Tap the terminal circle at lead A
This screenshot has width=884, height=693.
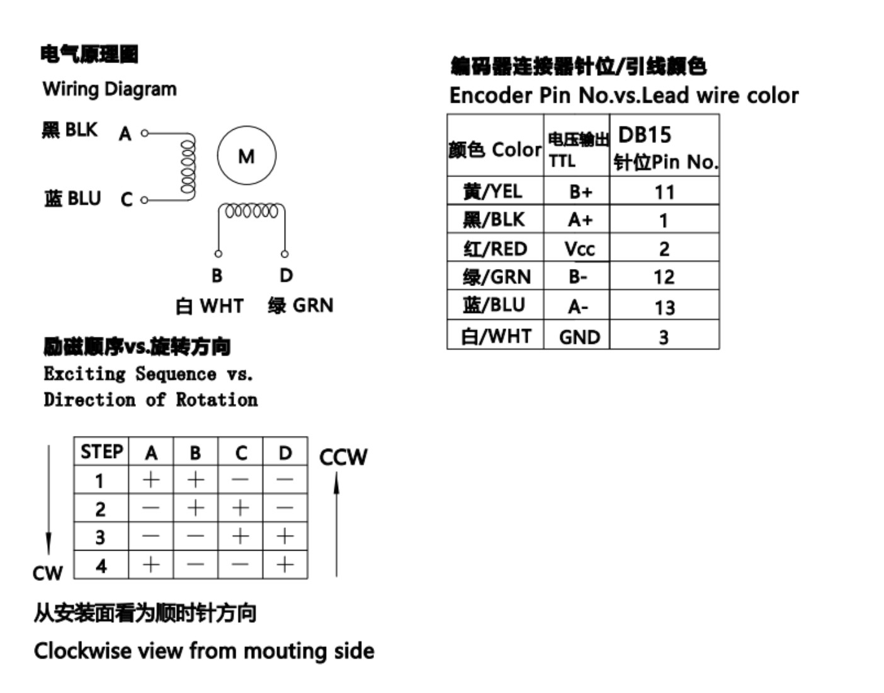point(144,133)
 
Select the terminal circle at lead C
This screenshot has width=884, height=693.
point(144,200)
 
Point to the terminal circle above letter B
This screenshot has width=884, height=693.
point(218,254)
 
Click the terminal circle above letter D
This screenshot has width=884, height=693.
point(285,254)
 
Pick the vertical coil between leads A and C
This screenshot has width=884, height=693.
point(188,166)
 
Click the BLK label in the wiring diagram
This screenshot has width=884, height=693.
point(81,130)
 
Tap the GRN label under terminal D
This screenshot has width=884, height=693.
point(313,305)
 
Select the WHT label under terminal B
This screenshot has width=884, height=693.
point(222,306)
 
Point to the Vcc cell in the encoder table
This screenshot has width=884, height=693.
point(577,248)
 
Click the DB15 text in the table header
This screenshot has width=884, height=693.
point(644,135)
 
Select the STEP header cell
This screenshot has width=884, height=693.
point(101,452)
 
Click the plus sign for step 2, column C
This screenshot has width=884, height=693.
point(241,508)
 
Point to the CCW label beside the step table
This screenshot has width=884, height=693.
point(343,457)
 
